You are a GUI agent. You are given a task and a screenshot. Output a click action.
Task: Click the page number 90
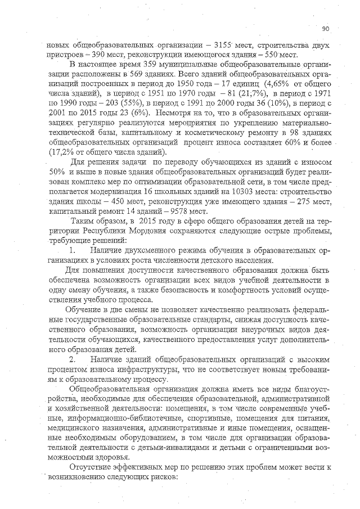pyautogui.click(x=326, y=28)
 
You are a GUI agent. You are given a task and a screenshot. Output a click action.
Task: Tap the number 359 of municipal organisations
pyautogui.click(x=147, y=65)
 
